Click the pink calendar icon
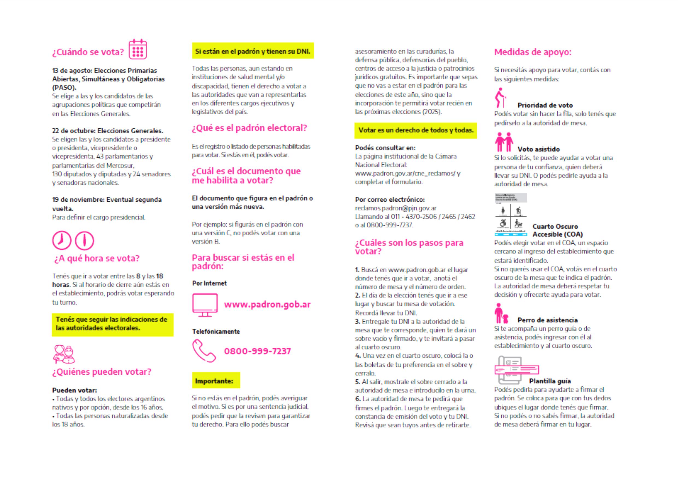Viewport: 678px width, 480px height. (138, 49)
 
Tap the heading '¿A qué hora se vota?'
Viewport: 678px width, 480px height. (97, 258)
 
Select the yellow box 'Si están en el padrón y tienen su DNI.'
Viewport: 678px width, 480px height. (253, 51)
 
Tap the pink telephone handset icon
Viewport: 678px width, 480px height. (204, 351)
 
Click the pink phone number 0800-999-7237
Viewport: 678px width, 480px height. (257, 351)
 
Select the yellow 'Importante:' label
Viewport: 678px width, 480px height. (216, 381)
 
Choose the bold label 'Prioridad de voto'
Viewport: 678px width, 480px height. (545, 105)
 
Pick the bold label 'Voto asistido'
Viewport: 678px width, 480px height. (538, 149)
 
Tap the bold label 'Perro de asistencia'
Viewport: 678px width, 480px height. (547, 320)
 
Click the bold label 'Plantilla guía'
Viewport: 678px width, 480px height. (550, 381)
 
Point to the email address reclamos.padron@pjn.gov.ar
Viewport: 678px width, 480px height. (395, 208)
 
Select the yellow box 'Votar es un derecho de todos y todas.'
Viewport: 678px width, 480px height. (416, 130)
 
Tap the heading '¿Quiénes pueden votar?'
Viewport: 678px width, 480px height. (102, 372)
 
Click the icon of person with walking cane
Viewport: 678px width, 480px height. (500, 98)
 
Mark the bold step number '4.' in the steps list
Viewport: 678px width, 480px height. (358, 355)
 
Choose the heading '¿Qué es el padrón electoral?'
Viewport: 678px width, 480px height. (249, 128)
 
